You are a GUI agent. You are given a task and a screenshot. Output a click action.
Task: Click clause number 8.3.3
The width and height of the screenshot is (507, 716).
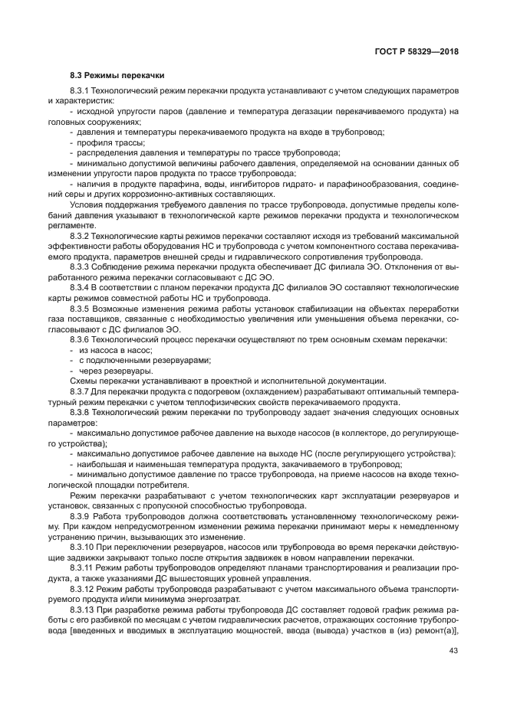click(x=80, y=267)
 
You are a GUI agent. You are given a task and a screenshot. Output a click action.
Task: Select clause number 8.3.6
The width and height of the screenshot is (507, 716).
click(x=80, y=339)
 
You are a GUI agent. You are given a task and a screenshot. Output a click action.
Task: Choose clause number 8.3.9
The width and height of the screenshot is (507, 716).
click(x=80, y=518)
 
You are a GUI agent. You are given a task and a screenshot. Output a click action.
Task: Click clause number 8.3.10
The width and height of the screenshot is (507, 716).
click(x=82, y=549)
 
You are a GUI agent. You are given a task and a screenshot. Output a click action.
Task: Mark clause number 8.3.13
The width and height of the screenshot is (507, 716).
click(x=82, y=611)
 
